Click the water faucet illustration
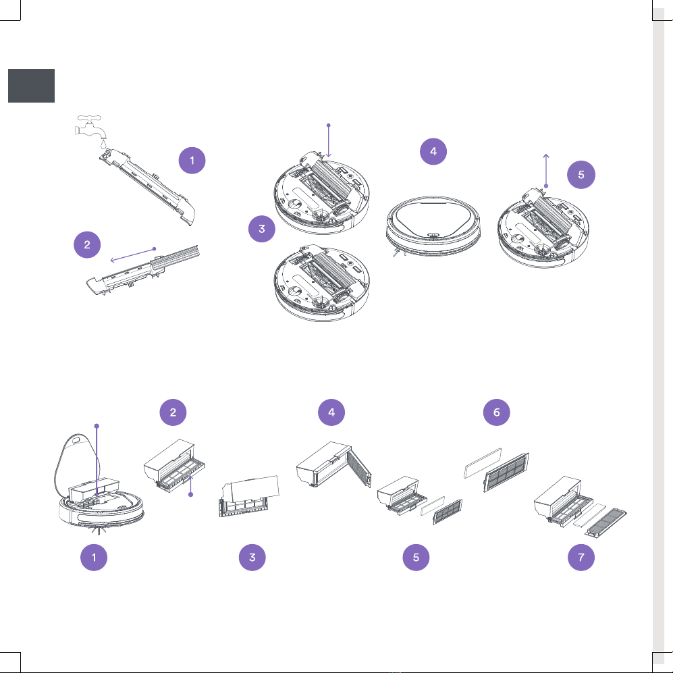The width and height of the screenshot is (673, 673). [90, 127]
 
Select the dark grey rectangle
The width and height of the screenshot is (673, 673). [31, 86]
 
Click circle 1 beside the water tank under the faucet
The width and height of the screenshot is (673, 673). [192, 161]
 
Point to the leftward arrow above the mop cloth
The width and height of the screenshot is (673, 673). [133, 254]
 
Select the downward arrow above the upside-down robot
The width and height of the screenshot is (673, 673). [328, 141]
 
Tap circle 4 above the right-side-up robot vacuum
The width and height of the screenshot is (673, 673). [433, 151]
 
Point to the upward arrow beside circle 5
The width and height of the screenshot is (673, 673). [546, 171]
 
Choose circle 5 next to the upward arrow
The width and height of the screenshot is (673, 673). [581, 175]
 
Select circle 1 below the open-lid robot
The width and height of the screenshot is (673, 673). [94, 558]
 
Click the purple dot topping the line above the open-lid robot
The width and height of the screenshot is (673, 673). [97, 426]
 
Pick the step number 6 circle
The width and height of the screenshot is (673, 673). [497, 412]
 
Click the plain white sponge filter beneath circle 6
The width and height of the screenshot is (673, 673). [483, 463]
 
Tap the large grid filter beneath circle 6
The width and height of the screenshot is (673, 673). [506, 472]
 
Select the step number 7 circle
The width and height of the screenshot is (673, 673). [581, 558]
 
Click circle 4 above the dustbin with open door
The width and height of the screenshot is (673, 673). [331, 412]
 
